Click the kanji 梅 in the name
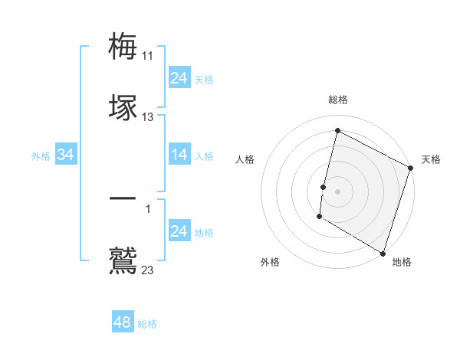click(123, 45)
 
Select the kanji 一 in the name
click(123, 198)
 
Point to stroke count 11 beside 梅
click(148, 56)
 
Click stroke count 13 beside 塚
click(148, 117)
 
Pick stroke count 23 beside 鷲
click(148, 270)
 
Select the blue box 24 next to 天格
click(179, 78)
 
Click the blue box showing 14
click(179, 155)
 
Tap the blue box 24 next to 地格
click(179, 231)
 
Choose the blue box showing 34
click(66, 155)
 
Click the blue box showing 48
click(123, 322)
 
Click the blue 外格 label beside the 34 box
click(41, 156)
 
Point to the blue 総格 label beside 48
click(147, 324)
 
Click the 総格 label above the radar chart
click(338, 100)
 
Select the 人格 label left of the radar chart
click(245, 159)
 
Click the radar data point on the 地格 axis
click(383, 253)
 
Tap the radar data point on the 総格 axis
click(337, 130)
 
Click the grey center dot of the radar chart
click(337, 191)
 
